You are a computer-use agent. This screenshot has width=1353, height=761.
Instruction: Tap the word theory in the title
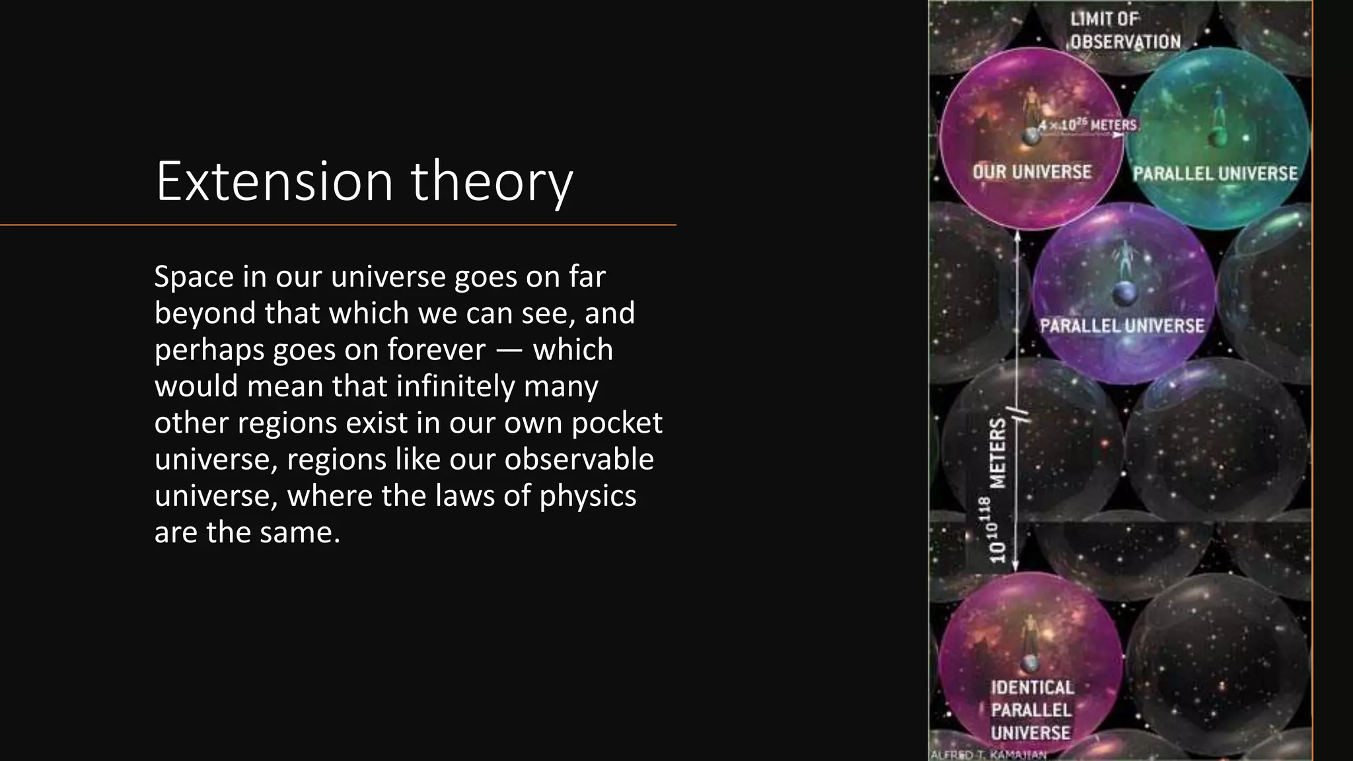492,182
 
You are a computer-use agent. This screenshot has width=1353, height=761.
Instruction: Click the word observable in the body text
579,459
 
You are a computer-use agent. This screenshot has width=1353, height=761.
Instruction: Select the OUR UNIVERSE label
1032,172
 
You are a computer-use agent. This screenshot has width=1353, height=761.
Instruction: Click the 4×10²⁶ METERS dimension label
1087,125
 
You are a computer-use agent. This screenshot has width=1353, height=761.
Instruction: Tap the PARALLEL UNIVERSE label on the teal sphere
1215,174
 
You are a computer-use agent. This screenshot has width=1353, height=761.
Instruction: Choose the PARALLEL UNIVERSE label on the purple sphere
1122,326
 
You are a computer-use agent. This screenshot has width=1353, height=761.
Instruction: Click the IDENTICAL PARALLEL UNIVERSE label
1031,710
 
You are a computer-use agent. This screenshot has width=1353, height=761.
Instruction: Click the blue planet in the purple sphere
1124,292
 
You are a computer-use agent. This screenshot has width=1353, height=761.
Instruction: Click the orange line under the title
338,225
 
